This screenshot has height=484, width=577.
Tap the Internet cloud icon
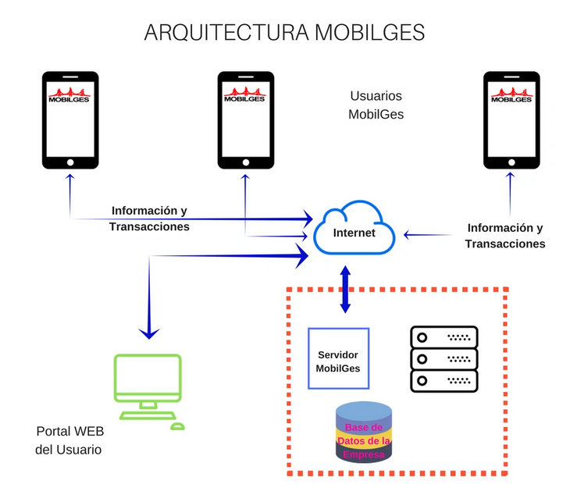(x=353, y=232)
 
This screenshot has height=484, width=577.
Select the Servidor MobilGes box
(x=338, y=358)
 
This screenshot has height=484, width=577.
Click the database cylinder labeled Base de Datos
(x=364, y=432)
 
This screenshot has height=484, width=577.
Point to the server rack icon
(x=443, y=359)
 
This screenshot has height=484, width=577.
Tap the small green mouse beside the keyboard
(x=177, y=426)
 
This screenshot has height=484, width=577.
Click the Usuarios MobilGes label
(x=376, y=105)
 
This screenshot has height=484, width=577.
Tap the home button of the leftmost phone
(x=70, y=162)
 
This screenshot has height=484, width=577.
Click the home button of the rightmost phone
(x=511, y=162)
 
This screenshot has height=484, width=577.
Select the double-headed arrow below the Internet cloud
(x=344, y=290)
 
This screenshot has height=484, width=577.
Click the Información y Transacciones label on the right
(x=504, y=236)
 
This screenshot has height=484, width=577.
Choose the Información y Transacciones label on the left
(x=149, y=219)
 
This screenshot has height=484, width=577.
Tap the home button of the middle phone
(x=246, y=162)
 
